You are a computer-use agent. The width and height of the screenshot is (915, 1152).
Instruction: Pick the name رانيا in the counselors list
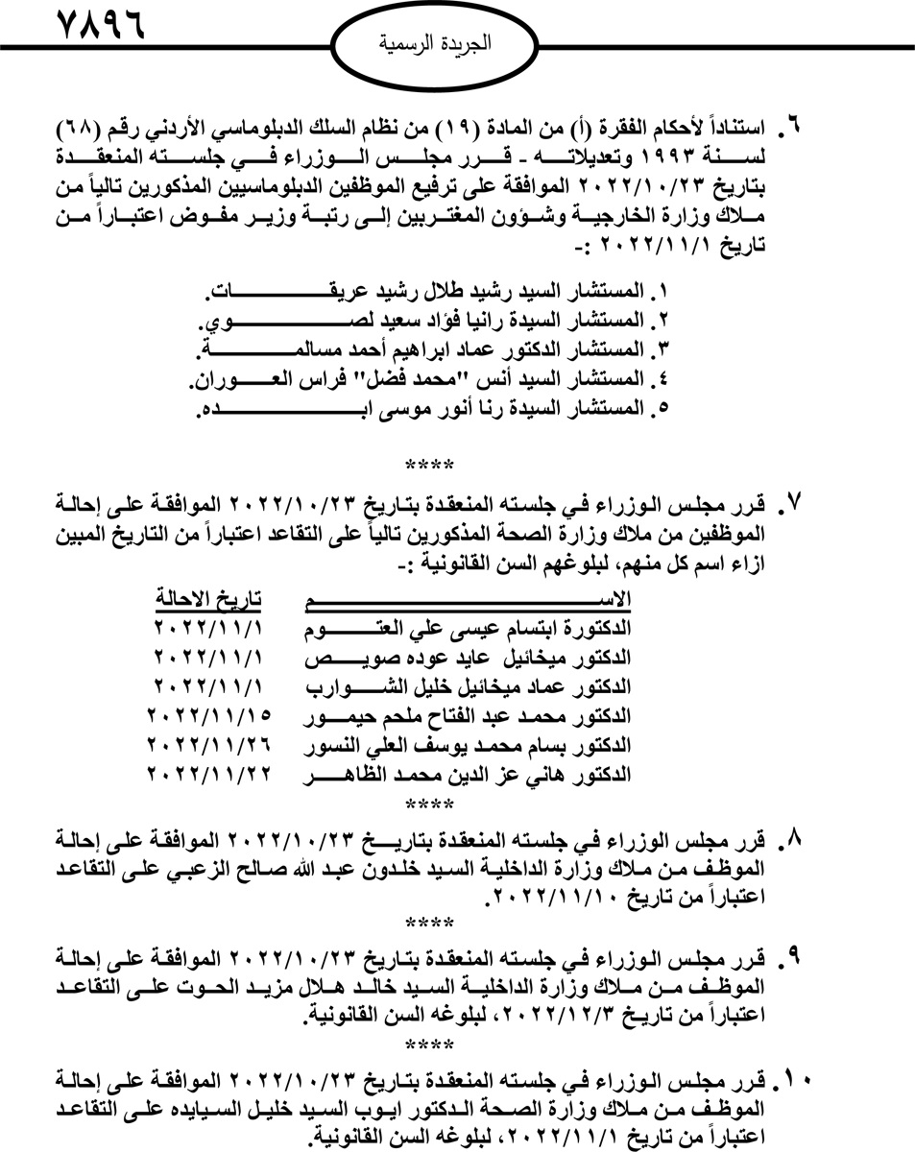click(x=433, y=318)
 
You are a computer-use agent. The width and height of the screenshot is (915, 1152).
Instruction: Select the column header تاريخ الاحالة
click(x=209, y=600)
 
